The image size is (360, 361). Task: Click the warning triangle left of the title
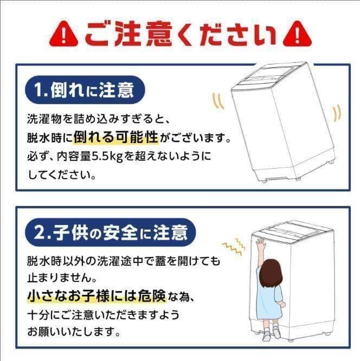tap(63, 34)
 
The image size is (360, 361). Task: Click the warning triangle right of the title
tap(297, 34)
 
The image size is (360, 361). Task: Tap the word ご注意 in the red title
tap(128, 34)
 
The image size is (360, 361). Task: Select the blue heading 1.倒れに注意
tap(85, 90)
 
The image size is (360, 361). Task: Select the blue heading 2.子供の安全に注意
tap(111, 233)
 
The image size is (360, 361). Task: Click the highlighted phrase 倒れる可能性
tap(116, 138)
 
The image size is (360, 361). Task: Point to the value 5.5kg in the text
tap(107, 157)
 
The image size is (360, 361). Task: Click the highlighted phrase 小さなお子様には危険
tap(97, 296)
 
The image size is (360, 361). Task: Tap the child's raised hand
tap(261, 244)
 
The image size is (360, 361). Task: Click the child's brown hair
tap(271, 272)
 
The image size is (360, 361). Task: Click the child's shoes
tap(271, 333)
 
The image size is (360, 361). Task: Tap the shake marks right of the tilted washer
tap(337, 113)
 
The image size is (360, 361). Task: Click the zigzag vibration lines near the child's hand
tap(234, 246)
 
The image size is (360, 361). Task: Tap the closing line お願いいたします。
tap(74, 332)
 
